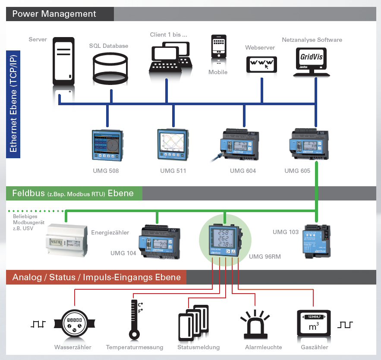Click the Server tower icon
[x=63, y=61]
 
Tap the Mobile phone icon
[x=218, y=46]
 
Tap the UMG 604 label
[x=243, y=171]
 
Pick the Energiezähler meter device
[x=67, y=240]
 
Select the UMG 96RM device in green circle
[x=224, y=241]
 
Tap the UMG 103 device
[x=316, y=241]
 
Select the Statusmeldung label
[x=198, y=347]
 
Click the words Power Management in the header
[x=54, y=14]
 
